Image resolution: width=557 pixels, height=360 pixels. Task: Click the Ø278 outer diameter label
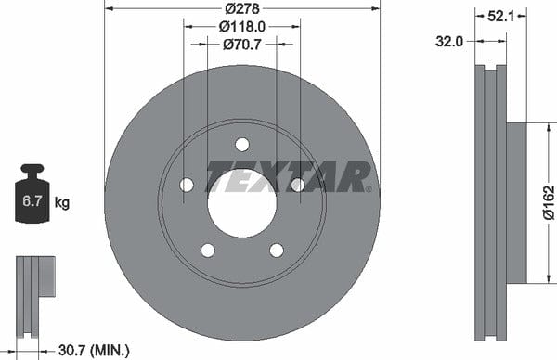point(242,8)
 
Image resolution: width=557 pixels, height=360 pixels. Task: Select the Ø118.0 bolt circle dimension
point(242,27)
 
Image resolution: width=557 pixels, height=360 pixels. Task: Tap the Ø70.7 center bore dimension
point(242,45)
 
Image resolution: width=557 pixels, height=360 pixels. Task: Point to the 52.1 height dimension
point(500,16)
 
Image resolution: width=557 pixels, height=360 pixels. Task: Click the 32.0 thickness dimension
point(449,42)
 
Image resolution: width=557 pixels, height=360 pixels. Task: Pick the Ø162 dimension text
point(549,202)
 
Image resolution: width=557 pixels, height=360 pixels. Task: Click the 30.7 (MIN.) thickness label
point(94,351)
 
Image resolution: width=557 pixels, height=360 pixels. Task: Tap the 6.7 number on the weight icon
point(32,201)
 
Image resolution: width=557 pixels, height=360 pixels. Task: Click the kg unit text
point(62,203)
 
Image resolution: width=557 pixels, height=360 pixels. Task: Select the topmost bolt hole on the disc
point(242,145)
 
